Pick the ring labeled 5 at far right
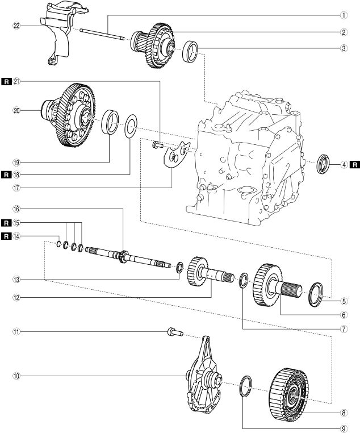pos(316,295)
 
